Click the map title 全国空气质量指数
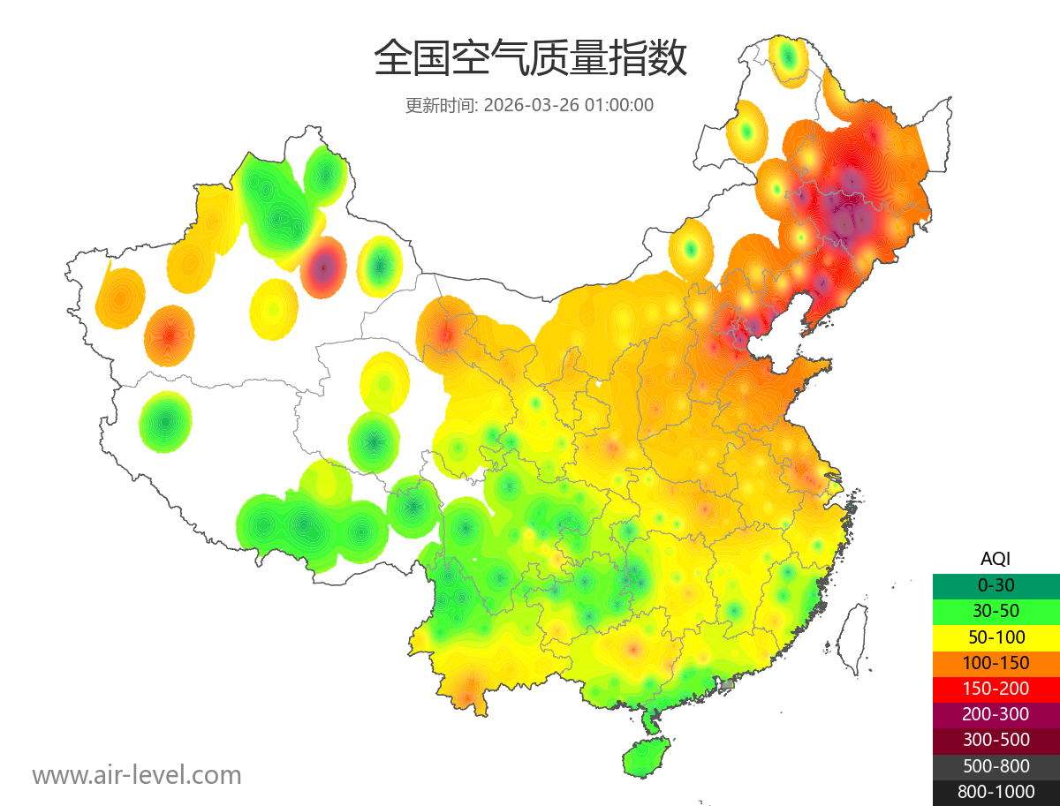[x=530, y=59]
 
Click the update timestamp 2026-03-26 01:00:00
[x=569, y=105]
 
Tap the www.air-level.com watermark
[x=137, y=775]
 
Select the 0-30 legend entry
[x=996, y=585]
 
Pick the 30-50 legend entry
[x=996, y=611]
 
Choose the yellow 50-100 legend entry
[x=996, y=637]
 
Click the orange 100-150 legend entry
[x=996, y=663]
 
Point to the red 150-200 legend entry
[x=996, y=689]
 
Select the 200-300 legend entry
[x=996, y=714]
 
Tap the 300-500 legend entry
[x=996, y=740]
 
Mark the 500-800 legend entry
[x=996, y=766]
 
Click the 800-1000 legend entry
[x=996, y=792]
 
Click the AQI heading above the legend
[x=996, y=559]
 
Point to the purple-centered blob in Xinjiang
[x=322, y=267]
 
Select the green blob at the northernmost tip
[x=788, y=59]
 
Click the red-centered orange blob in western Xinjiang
[x=169, y=335]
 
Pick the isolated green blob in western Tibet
[x=165, y=422]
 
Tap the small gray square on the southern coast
[x=728, y=684]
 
